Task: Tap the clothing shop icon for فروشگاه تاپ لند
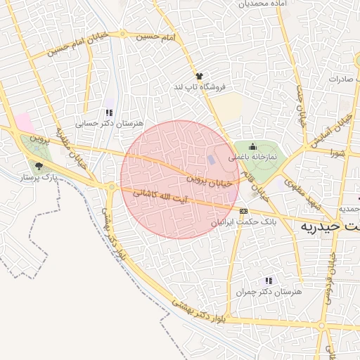(x=199, y=76)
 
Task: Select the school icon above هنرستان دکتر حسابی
(x=108, y=112)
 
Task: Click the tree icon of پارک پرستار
(x=38, y=167)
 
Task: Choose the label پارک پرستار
(x=39, y=178)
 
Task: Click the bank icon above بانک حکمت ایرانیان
(x=244, y=210)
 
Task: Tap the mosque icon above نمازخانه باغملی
(x=252, y=146)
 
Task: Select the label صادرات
(x=344, y=79)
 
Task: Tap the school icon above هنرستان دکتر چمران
(x=267, y=281)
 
